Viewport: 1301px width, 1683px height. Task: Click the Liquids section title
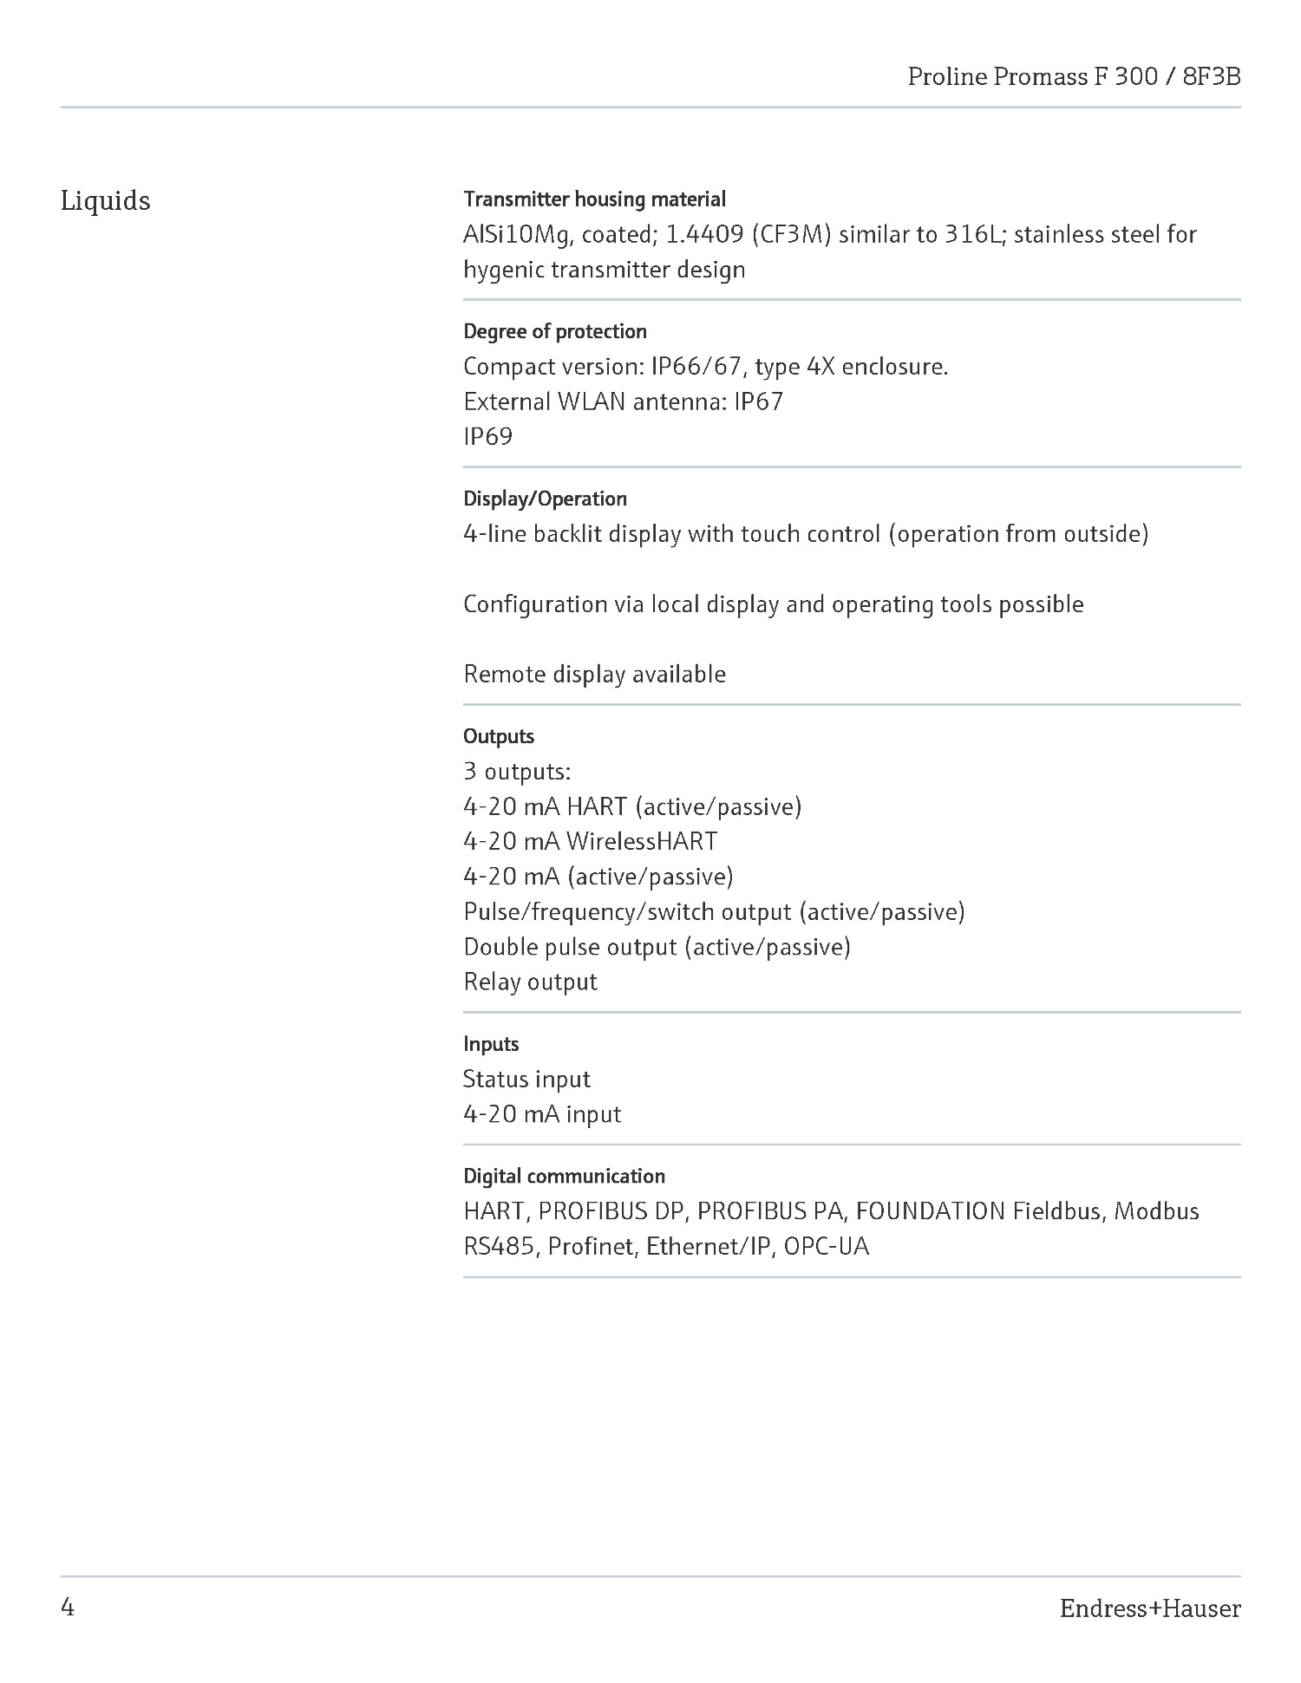pos(105,201)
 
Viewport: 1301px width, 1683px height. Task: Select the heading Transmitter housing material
pos(594,199)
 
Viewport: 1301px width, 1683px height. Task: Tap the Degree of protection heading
pos(555,331)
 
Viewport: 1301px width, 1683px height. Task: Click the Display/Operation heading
pos(545,499)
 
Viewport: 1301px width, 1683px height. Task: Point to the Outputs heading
pos(499,736)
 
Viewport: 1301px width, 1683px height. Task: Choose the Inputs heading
pos(491,1044)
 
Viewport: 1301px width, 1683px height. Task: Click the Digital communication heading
pos(564,1176)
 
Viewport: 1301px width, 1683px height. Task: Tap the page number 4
pos(68,1608)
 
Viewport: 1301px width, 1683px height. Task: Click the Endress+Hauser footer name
pos(1149,1608)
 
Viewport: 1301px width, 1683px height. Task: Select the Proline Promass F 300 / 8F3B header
pos(1074,77)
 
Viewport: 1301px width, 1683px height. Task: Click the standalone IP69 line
pos(487,436)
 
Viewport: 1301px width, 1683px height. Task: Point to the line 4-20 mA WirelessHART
pos(590,841)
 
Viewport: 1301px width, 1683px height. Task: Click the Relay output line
pos(530,982)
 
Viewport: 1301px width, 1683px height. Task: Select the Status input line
pos(526,1080)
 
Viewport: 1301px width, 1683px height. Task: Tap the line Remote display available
pos(594,674)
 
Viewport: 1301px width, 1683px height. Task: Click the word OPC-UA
pos(826,1247)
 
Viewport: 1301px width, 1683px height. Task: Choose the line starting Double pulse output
pos(657,947)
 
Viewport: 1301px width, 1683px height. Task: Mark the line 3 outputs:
pos(517,771)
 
